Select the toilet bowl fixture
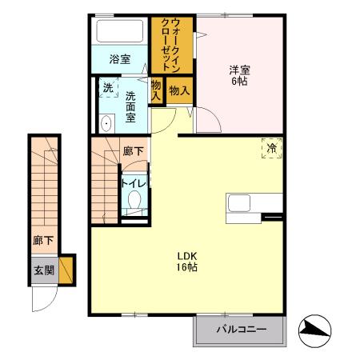click(x=134, y=200)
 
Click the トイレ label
click(x=133, y=182)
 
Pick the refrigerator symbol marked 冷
click(x=272, y=148)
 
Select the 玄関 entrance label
click(x=44, y=270)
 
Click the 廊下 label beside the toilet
click(x=134, y=151)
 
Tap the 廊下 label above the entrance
click(x=43, y=239)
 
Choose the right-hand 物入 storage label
click(x=179, y=91)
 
